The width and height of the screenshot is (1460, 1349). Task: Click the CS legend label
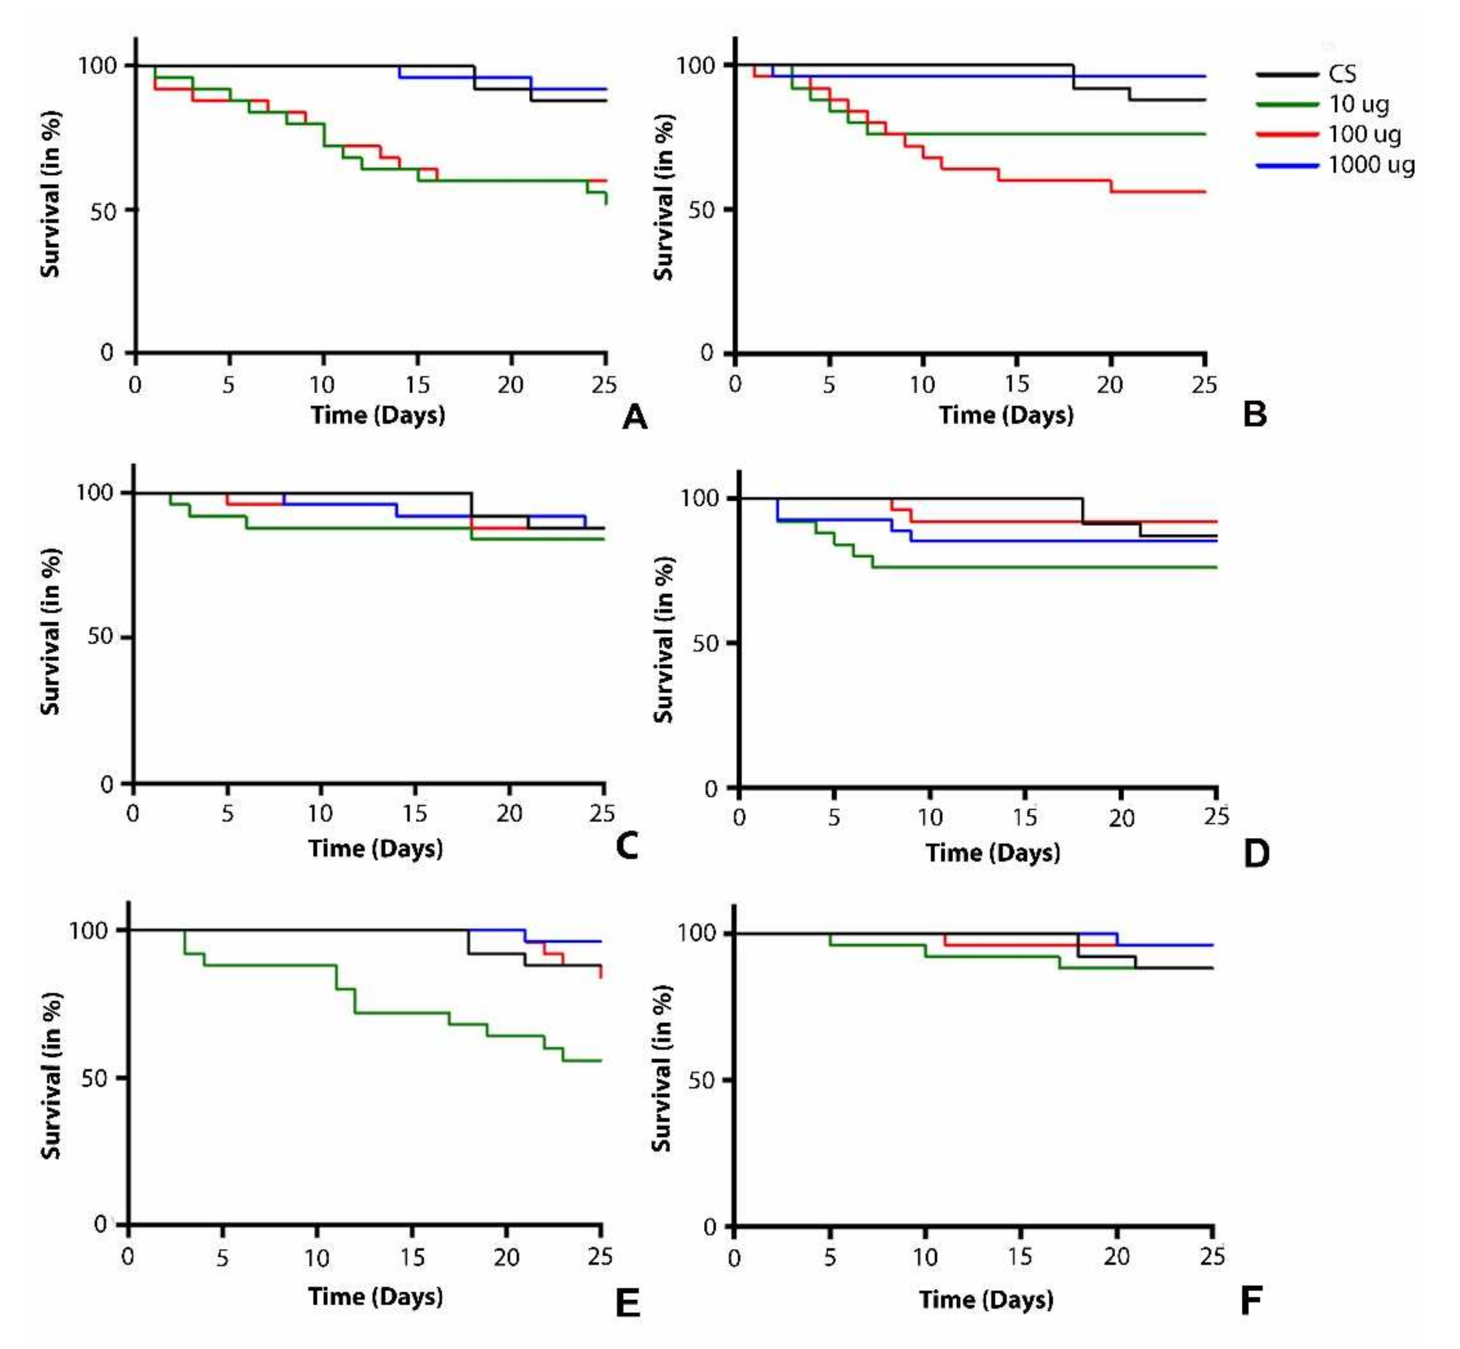[1342, 74]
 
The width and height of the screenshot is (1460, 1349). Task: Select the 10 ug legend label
[1358, 105]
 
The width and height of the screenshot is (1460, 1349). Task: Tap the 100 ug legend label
[1365, 134]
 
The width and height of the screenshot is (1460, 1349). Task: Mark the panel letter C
[627, 846]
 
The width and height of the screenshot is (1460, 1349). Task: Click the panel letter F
[1251, 1300]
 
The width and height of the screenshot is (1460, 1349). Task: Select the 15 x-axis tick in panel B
[1017, 384]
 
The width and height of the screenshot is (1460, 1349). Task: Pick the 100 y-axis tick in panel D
[700, 498]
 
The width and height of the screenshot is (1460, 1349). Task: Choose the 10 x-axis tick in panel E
[317, 1258]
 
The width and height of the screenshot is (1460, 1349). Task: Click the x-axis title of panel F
[986, 1300]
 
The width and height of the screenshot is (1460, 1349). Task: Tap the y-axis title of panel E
[50, 1076]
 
